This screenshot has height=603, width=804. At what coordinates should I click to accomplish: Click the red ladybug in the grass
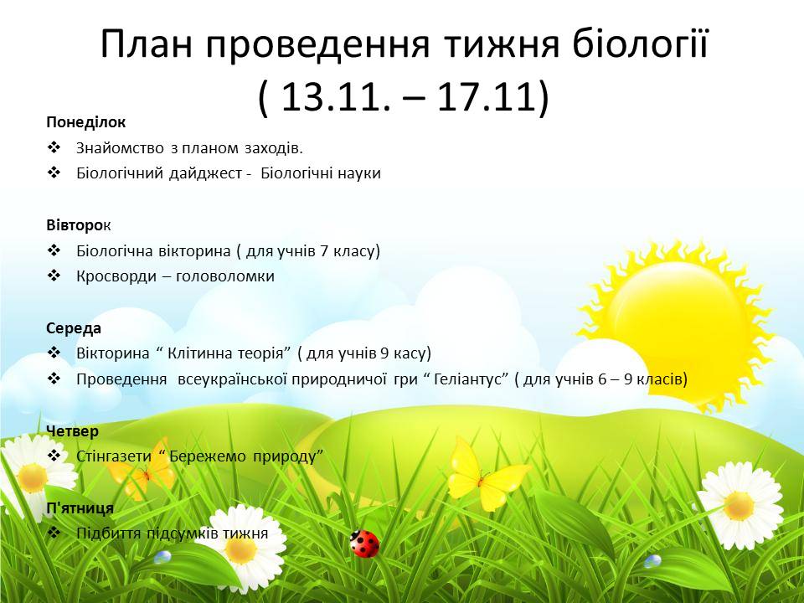364,544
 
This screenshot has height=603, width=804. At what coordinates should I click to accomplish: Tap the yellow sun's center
676,322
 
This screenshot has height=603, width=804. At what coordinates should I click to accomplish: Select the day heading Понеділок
85,122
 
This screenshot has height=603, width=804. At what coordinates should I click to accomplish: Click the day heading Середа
74,328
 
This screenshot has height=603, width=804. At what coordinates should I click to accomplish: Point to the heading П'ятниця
80,508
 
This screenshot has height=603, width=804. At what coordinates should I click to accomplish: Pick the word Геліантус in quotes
466,379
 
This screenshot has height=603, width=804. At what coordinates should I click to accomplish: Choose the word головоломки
225,276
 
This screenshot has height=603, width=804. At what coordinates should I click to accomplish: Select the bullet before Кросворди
54,276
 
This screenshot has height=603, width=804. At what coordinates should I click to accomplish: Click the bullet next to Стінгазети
54,456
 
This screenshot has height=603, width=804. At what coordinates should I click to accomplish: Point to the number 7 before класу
323,251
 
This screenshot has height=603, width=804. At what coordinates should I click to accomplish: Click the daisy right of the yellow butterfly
739,505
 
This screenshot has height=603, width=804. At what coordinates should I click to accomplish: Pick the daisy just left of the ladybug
242,549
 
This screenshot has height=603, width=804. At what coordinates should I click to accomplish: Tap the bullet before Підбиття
54,533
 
